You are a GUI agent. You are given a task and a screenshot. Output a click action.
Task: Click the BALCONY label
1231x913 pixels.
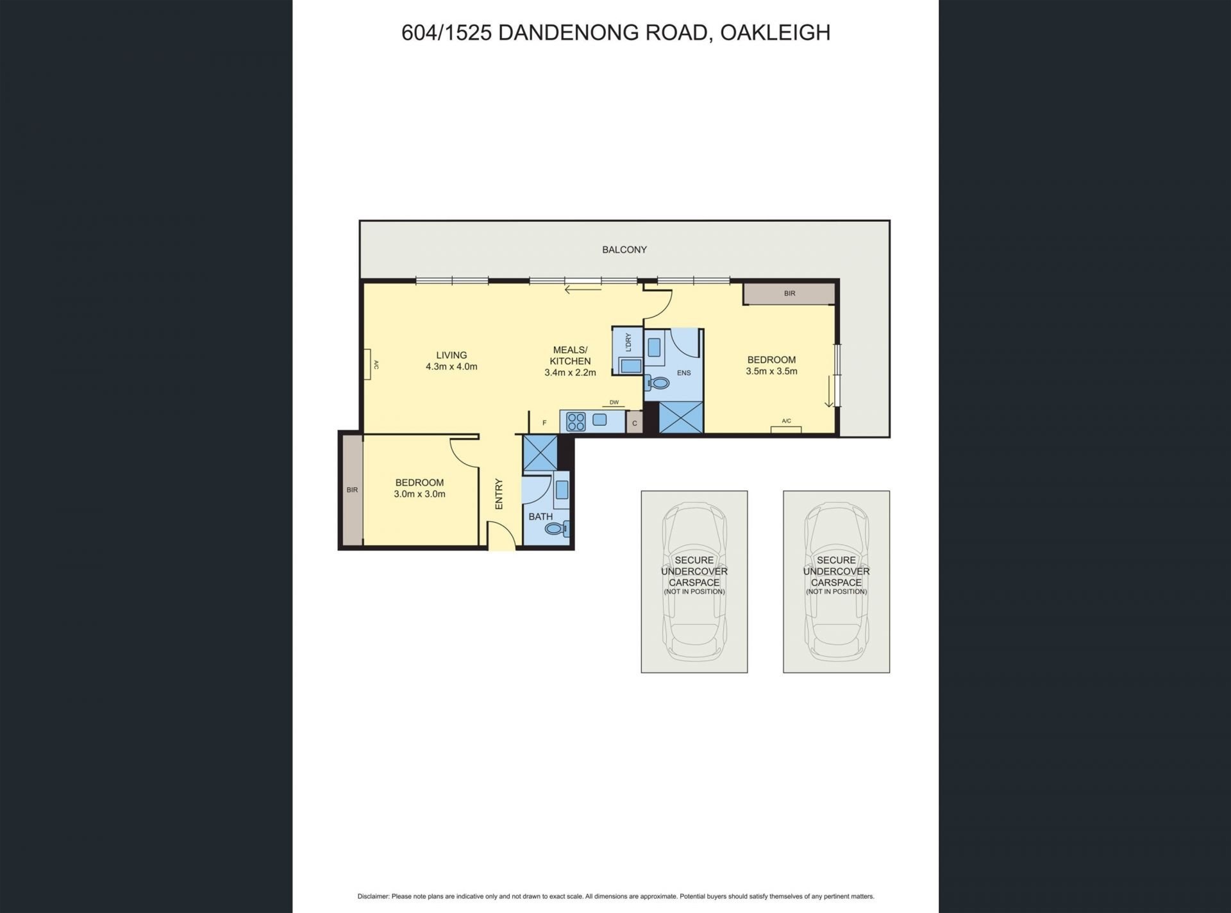[x=624, y=249]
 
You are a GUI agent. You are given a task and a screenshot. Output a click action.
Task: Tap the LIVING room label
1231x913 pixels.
[x=451, y=355]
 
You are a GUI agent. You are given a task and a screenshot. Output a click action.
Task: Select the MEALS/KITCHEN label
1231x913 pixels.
[x=570, y=355]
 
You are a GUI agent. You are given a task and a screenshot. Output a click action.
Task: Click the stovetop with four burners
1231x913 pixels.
[x=576, y=421]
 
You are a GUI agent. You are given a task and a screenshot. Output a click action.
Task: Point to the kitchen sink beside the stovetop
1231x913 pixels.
[x=599, y=420]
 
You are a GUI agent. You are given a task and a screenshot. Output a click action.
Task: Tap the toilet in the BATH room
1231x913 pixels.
[x=557, y=529]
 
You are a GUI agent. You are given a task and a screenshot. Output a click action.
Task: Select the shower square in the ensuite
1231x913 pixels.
[x=681, y=417]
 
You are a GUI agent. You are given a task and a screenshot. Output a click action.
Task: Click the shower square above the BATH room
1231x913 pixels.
[x=540, y=453]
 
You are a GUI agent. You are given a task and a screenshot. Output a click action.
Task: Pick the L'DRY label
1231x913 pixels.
[x=628, y=342]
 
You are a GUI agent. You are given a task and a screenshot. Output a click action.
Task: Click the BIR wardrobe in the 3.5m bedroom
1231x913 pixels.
[x=789, y=294]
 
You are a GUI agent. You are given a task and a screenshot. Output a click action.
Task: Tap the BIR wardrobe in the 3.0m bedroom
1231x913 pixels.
[x=352, y=490]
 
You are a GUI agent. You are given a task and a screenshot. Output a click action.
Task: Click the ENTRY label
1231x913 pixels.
[x=499, y=494]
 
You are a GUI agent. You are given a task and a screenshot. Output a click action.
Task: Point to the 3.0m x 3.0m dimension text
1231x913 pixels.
[x=419, y=494]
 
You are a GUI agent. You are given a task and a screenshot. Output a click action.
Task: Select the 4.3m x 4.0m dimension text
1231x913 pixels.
[x=451, y=367]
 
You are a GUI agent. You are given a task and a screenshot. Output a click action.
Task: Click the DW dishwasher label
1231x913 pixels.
[x=614, y=403]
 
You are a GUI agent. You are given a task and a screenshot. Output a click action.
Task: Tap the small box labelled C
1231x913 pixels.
[x=635, y=423]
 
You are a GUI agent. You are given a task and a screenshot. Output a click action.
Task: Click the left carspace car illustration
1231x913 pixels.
[x=694, y=582]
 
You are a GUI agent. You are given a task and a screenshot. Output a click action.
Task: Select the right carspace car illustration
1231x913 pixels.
[x=837, y=582]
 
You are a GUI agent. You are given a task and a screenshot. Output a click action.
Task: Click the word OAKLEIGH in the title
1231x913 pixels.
[x=775, y=33]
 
